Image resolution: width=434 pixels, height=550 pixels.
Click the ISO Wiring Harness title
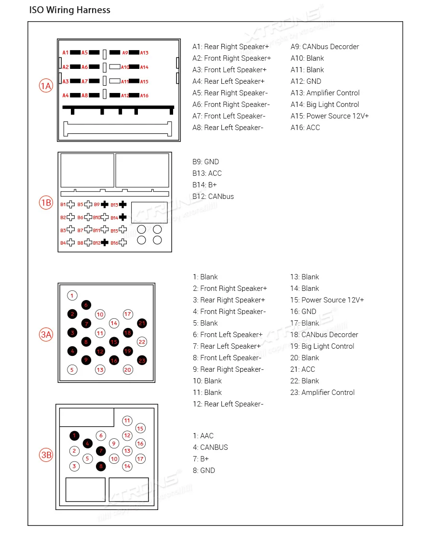click(70, 10)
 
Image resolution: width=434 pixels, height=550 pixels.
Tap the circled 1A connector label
click(46, 86)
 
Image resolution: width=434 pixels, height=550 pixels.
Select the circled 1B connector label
click(46, 203)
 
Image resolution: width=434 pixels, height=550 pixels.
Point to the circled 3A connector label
click(46, 334)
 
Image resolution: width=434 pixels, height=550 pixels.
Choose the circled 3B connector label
click(46, 455)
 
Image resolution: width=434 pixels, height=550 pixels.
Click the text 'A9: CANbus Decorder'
click(325, 47)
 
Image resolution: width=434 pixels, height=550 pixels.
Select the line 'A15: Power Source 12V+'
click(329, 116)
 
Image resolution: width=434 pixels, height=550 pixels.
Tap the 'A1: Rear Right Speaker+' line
click(231, 47)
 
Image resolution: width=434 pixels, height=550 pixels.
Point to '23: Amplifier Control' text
click(322, 393)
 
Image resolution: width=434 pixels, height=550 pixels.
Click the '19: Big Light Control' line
click(322, 346)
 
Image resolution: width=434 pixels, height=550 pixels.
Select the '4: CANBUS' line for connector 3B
click(210, 447)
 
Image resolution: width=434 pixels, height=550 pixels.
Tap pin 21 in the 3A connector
click(142, 323)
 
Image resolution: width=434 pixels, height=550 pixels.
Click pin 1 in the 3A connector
click(72, 296)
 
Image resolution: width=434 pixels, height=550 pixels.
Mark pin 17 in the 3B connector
click(140, 459)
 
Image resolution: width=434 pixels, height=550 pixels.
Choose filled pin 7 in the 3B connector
click(100, 451)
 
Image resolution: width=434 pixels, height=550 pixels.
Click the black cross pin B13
click(123, 205)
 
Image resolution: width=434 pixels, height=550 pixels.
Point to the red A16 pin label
click(144, 95)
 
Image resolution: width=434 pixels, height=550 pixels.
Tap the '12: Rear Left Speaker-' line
click(228, 404)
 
